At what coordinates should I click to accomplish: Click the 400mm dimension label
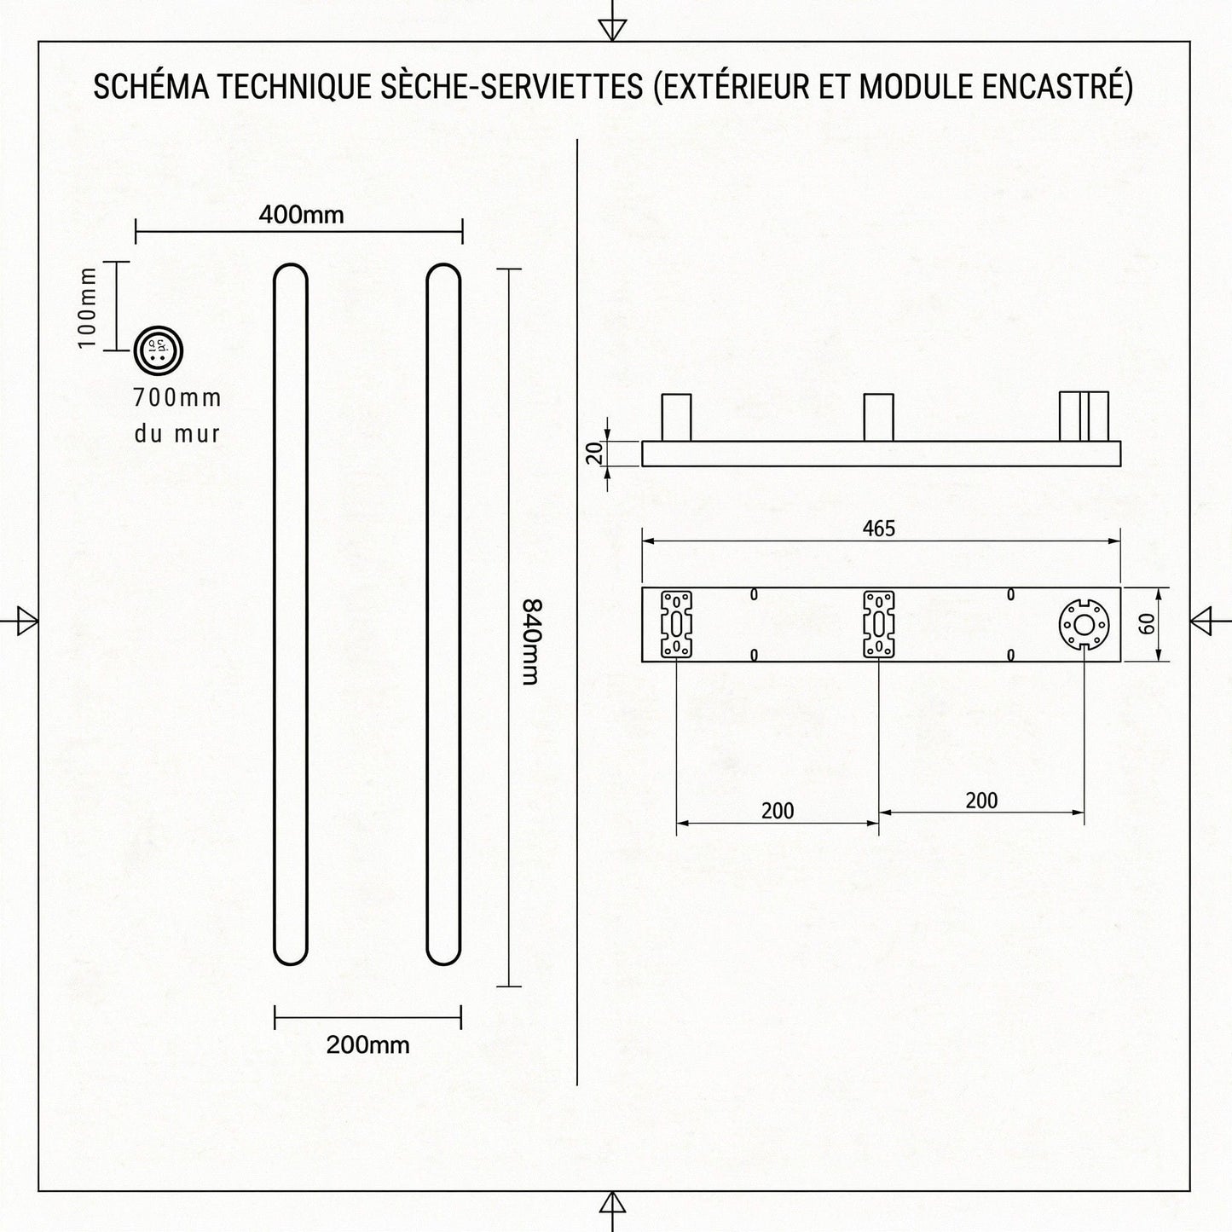point(301,214)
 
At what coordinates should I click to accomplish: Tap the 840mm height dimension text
point(529,641)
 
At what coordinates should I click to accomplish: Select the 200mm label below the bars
point(367,1044)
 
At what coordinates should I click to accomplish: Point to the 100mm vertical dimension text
point(88,306)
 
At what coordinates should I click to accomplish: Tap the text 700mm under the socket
point(177,397)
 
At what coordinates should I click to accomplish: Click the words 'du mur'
point(177,434)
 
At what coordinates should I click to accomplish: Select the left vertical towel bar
point(291,614)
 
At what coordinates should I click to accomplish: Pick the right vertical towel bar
point(443,614)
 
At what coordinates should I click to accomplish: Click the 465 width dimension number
point(878,529)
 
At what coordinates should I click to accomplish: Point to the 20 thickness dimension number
point(596,454)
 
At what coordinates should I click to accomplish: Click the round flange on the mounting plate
point(1084,625)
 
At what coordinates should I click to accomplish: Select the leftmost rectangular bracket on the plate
point(676,625)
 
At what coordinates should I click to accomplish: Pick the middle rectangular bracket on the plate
point(878,625)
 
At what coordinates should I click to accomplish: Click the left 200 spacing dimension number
point(778,811)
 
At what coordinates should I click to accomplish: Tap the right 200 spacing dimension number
point(981,801)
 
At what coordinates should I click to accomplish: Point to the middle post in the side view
point(878,417)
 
